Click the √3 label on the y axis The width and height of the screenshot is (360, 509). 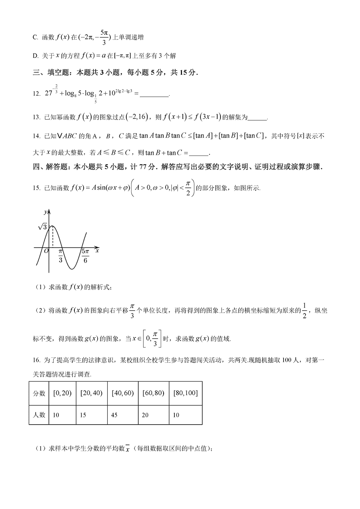click(43, 226)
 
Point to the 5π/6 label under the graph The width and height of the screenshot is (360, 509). click(85, 255)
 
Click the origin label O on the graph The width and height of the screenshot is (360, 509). click(46, 251)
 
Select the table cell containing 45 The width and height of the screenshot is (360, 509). click(122, 415)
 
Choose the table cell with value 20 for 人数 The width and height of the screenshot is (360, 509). click(153, 415)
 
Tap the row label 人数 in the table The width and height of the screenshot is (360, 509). click(39, 415)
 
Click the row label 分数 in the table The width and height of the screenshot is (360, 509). click(39, 393)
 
